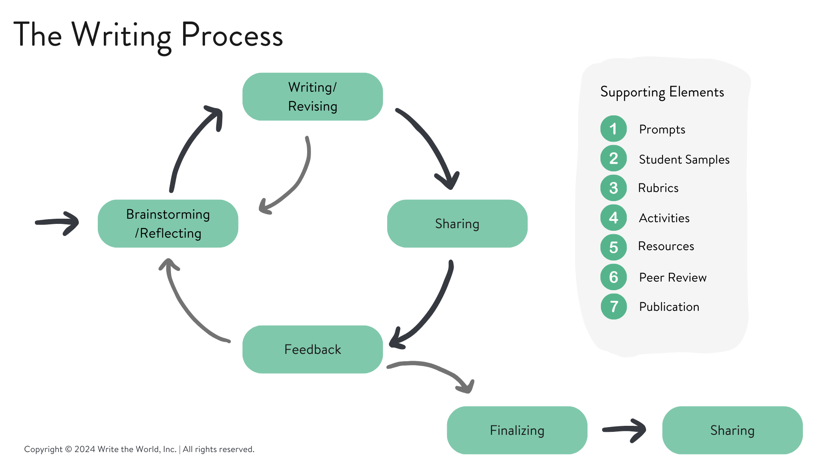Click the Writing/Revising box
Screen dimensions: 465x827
coord(312,96)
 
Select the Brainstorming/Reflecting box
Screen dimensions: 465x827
coord(168,223)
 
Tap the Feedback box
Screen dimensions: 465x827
coord(312,349)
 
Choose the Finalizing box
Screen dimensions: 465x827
coord(517,430)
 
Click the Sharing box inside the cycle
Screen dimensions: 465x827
coord(457,223)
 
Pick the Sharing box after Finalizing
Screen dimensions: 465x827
coord(732,430)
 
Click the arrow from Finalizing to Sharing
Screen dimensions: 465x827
coord(625,429)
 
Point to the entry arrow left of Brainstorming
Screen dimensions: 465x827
coord(58,222)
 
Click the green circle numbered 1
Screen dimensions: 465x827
coord(613,129)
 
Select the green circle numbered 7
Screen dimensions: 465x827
coord(613,307)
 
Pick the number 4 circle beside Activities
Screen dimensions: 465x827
coord(613,218)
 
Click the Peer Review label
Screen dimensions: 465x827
coord(672,277)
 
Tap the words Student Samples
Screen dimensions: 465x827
coord(684,159)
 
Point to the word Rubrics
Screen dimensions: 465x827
coord(658,188)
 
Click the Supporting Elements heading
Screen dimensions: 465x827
coord(662,92)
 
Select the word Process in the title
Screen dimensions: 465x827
coord(232,35)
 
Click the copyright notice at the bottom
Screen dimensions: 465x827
coord(139,449)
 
